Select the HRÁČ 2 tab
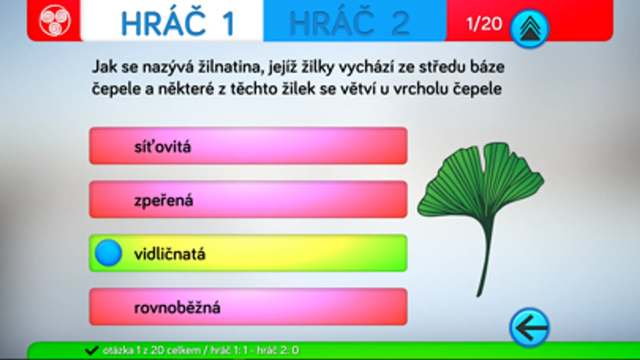point(355,20)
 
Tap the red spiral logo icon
point(54,20)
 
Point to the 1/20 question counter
point(484,24)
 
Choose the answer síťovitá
point(248,146)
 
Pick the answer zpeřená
point(248,200)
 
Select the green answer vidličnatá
point(248,253)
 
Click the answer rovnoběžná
point(248,307)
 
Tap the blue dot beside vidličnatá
point(108,253)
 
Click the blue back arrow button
point(530,328)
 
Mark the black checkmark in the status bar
point(92,350)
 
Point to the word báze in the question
point(488,67)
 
